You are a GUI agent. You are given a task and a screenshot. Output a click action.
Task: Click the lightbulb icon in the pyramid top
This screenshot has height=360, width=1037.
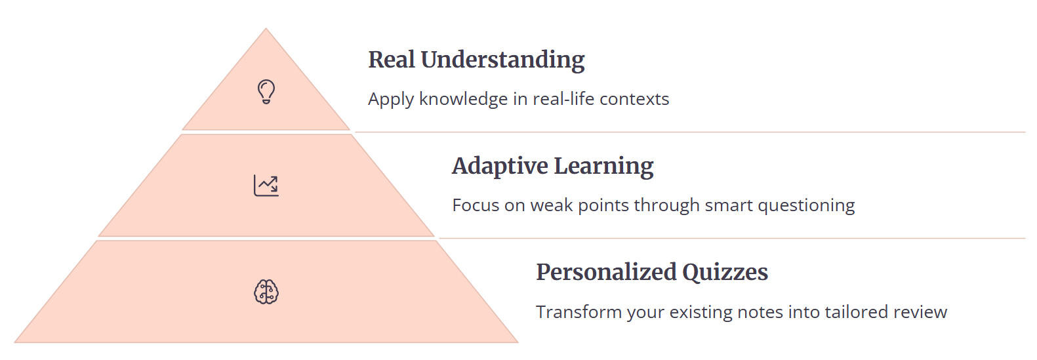[266, 92]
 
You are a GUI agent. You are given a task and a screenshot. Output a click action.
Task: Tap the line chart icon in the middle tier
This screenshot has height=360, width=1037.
[266, 186]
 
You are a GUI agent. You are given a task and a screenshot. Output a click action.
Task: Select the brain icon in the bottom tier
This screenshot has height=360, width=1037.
[266, 292]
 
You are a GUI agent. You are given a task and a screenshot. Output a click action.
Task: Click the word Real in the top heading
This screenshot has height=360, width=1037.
[392, 60]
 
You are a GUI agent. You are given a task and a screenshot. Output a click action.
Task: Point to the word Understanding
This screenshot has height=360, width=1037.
[503, 60]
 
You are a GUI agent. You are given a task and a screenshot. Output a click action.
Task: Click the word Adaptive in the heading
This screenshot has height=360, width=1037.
[500, 167]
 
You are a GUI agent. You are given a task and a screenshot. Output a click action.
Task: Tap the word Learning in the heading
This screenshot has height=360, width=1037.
[603, 167]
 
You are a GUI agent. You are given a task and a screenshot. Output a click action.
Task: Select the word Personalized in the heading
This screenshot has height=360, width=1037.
[607, 272]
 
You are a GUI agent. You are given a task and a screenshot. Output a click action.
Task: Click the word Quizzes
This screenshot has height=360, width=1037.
[725, 273]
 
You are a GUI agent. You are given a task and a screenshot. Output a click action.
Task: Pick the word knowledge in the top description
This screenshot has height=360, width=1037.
[464, 99]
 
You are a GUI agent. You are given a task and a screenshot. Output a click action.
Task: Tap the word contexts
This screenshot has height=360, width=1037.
[634, 99]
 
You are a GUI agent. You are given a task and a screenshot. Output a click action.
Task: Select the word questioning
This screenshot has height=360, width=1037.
[807, 206]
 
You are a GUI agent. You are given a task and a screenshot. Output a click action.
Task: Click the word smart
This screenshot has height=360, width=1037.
[729, 206]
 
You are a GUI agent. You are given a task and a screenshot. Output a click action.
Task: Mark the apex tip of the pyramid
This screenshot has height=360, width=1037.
[266, 28]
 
